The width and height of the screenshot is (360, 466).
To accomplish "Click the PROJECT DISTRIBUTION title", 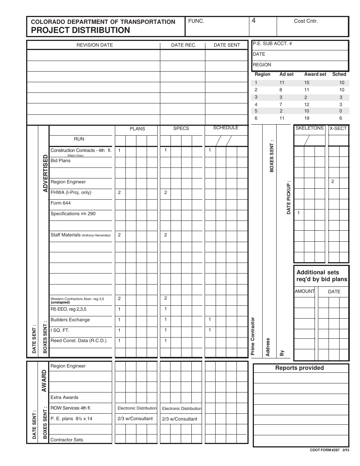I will point(80,30).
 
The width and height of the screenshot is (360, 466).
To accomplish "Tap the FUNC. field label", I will point(196,21).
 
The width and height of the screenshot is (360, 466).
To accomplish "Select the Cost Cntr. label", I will point(306,21).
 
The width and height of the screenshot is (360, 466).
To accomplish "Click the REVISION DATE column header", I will point(95,45).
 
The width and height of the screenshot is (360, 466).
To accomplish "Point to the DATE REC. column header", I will point(183,45).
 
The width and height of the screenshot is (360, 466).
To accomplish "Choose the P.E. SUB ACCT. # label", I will point(272,44).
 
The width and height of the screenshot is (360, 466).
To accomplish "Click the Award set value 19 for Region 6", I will point(307,118).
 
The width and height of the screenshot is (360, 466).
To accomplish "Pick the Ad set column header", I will point(286,74).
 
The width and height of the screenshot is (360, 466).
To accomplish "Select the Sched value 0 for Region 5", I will point(341,111).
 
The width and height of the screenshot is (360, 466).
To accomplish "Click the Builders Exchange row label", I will point(70,320).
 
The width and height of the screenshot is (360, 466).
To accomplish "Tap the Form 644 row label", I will point(61,203).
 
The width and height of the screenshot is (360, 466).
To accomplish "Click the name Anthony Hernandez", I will point(96,235).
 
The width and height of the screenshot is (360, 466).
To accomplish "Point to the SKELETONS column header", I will point(309,128).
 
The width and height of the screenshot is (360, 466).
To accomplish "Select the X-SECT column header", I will point(338,128).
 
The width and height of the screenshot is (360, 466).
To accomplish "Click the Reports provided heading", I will point(299,368).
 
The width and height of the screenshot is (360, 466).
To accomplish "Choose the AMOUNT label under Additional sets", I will point(305,291).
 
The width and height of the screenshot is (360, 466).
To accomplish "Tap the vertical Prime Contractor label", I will point(253,336).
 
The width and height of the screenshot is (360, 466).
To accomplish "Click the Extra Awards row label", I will point(64,397).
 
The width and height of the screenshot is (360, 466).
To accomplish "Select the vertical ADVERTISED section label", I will point(45,173).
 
